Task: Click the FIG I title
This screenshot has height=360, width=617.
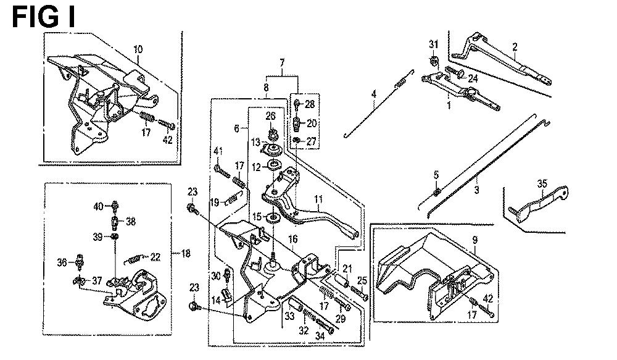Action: point(44,17)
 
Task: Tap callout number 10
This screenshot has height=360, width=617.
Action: point(138,49)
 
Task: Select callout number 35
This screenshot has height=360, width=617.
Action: point(542,183)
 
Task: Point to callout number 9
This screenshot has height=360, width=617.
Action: point(475,240)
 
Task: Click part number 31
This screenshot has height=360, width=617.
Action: point(433,44)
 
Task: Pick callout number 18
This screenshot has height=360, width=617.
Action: point(185,254)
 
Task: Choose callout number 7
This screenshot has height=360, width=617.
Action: point(282,63)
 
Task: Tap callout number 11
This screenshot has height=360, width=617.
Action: point(318,199)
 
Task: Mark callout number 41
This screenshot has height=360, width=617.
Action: point(218,151)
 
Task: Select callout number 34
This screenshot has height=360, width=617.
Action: point(320,336)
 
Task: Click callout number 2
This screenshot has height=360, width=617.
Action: point(515,48)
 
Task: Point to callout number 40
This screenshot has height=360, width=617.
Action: point(98,206)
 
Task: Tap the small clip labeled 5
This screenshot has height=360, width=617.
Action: point(436,192)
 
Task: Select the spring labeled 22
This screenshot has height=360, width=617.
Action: point(133,259)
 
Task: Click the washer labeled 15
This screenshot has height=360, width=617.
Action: point(272,217)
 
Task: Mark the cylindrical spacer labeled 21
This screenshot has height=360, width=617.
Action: point(342,281)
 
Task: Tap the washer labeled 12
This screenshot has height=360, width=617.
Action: point(273,165)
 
